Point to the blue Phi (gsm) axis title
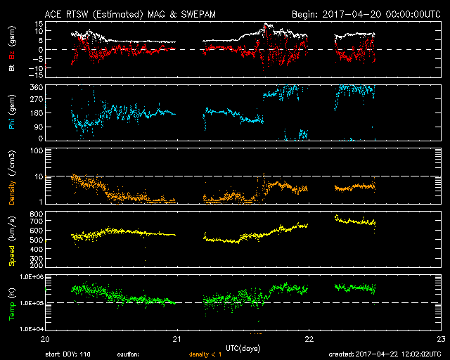tap(11, 112)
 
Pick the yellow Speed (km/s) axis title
tap(11, 239)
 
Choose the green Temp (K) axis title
tap(11, 302)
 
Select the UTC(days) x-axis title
tap(243, 348)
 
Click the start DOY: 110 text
tap(69, 354)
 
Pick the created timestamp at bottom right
tap(388, 354)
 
